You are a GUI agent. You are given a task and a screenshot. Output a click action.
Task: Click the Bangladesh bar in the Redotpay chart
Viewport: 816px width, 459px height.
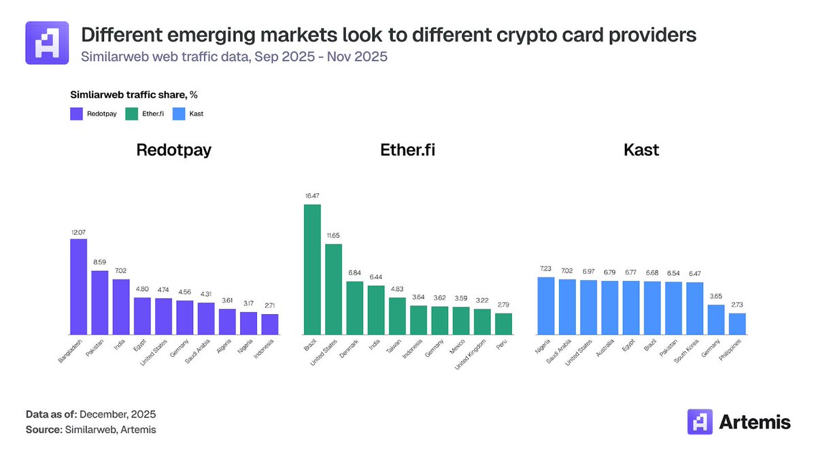tap(79, 286)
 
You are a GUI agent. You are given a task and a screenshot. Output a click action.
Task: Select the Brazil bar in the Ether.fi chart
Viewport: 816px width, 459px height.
tap(312, 269)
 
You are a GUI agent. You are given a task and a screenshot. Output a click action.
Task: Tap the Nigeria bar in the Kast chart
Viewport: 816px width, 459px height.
tap(545, 305)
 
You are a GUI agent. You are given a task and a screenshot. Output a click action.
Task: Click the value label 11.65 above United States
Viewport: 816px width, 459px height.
tap(333, 235)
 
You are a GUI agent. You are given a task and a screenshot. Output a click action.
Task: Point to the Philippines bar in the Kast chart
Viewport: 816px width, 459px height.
tap(737, 324)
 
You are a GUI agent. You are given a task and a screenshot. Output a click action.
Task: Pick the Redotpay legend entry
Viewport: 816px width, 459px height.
tap(95, 114)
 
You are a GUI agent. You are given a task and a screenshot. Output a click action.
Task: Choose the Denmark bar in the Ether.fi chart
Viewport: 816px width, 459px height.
tap(354, 307)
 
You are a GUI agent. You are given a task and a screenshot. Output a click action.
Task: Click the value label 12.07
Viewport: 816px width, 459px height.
tap(79, 232)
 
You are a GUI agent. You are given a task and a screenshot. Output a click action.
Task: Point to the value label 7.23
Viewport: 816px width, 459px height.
tap(545, 269)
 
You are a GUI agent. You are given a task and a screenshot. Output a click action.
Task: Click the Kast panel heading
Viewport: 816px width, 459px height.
tap(641, 150)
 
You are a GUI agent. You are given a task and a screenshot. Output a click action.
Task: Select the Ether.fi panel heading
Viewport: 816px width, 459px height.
tap(408, 150)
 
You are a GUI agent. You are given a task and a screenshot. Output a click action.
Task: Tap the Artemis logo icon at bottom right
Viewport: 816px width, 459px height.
tap(700, 422)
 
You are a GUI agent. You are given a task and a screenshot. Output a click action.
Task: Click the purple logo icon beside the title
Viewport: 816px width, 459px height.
tap(47, 42)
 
